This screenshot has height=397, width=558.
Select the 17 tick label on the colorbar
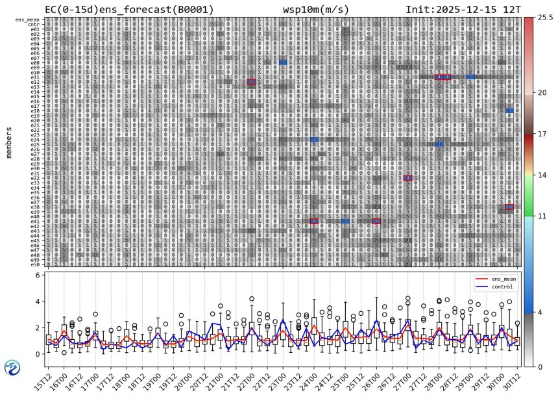click(540, 134)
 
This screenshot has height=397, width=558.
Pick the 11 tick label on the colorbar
click(540, 216)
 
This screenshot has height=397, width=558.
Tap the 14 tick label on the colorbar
click(540, 175)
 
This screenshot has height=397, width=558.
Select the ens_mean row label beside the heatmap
click(29, 19)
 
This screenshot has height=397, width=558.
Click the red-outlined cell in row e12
click(251, 81)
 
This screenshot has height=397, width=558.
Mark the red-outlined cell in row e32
click(407, 177)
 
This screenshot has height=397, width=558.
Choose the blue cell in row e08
click(283, 62)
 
